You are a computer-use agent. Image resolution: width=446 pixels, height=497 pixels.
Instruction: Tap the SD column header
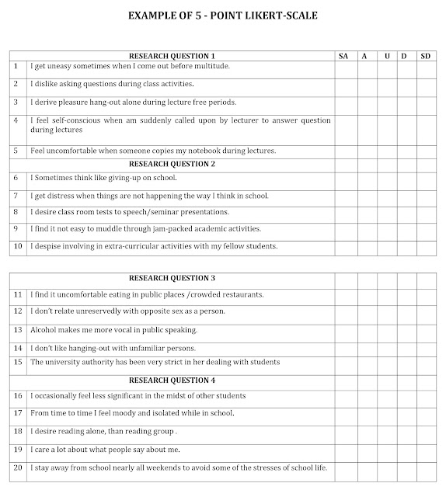[x=425, y=56]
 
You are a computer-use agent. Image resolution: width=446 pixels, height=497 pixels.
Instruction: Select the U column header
[x=384, y=56]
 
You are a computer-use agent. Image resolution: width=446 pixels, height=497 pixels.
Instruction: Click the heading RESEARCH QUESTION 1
[x=172, y=56]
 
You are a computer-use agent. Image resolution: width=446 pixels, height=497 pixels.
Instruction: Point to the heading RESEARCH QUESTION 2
[x=172, y=164]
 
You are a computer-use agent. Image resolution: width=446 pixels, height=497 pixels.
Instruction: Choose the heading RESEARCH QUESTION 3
[x=172, y=278]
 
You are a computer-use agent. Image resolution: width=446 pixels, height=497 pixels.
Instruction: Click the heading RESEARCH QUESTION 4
[x=172, y=380]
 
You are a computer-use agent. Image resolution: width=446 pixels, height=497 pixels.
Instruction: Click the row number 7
[x=17, y=195]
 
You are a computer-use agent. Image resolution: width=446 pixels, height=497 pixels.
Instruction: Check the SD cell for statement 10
[x=425, y=247]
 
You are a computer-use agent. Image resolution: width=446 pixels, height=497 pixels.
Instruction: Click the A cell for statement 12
[x=364, y=311]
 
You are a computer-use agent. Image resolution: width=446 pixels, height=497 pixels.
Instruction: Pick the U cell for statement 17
[x=384, y=413]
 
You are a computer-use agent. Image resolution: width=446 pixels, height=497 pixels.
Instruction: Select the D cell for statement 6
[x=404, y=178]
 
